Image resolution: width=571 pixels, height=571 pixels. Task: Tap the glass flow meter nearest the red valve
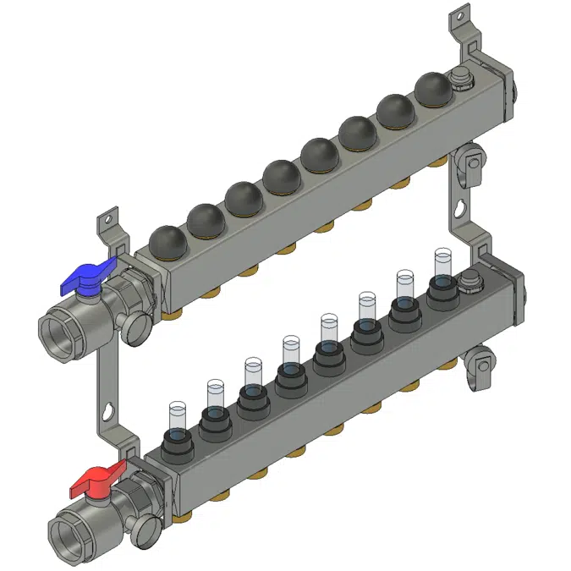coord(177,416)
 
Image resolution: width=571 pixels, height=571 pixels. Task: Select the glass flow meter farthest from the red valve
coord(442,265)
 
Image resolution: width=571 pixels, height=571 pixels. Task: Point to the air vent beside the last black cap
coord(461,78)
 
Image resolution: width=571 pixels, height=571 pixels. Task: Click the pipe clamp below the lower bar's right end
coord(480,365)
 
